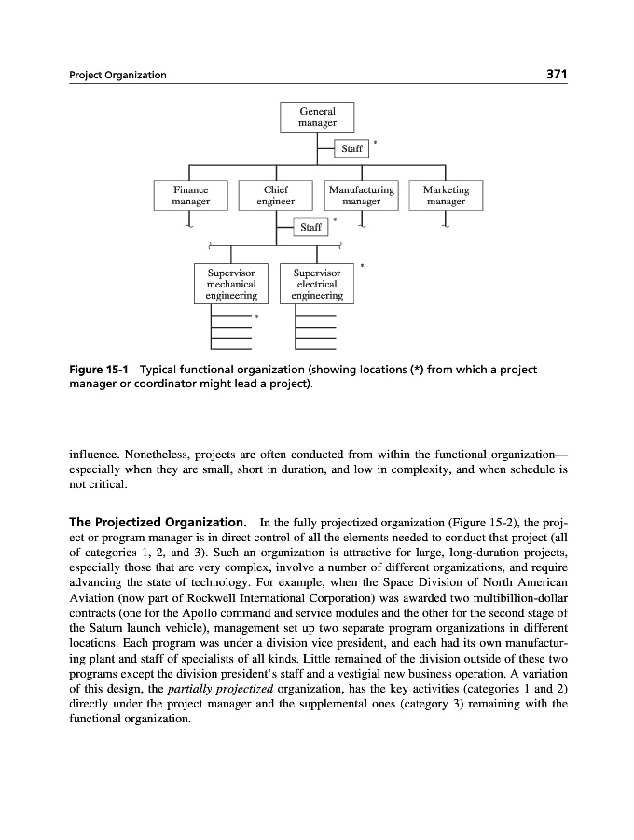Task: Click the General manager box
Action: click(317, 118)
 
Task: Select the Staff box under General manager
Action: click(351, 148)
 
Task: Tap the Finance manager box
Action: click(190, 195)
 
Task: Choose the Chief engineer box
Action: click(275, 195)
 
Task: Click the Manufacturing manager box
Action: click(361, 195)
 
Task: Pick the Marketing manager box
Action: click(446, 195)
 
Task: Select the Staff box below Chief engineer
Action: click(310, 227)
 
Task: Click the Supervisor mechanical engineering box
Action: click(231, 284)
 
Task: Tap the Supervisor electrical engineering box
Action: click(317, 284)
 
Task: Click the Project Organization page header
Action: click(118, 76)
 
